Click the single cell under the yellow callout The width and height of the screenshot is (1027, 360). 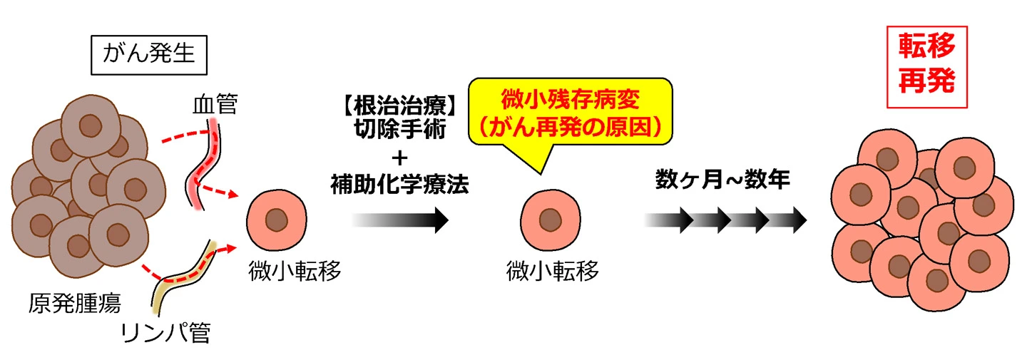[548, 220]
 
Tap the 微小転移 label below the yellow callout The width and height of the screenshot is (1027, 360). [552, 272]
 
